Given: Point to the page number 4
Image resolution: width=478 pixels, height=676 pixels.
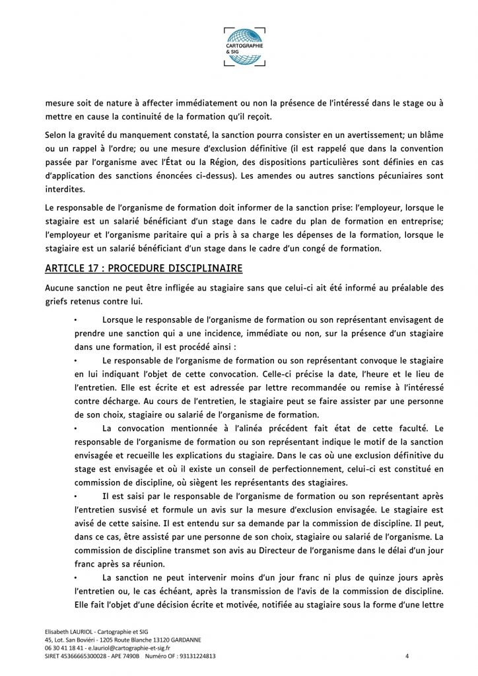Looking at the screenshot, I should tap(407, 656).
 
